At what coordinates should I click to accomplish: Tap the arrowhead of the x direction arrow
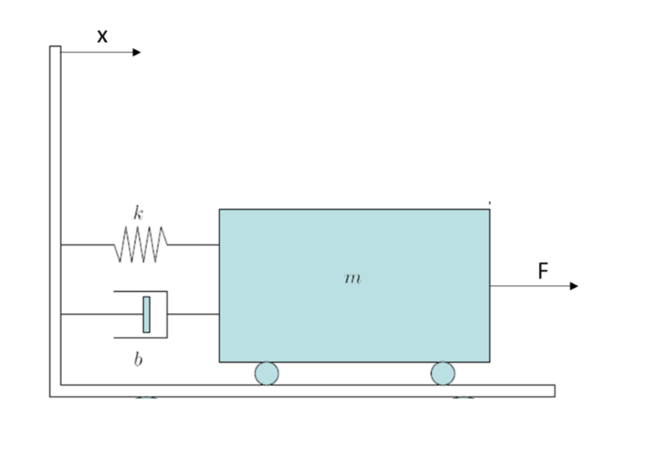[x=137, y=52]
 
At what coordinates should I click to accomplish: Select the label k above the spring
[x=138, y=214]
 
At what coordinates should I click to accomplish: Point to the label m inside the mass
[x=352, y=279]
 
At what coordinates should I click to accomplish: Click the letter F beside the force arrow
[x=543, y=271]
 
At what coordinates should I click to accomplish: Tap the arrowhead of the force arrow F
[x=574, y=286]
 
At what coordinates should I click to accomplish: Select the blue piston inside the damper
[x=147, y=314]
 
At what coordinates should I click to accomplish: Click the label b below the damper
[x=138, y=360]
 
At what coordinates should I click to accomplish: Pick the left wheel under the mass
[x=266, y=374]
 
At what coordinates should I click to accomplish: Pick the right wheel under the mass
[x=443, y=374]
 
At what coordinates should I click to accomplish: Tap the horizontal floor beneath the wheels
[x=310, y=391]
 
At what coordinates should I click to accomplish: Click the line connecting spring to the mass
[x=193, y=244]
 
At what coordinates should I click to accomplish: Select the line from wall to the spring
[x=87, y=245]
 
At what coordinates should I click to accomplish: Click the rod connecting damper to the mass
[x=193, y=314]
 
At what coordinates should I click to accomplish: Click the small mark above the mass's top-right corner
[x=490, y=202]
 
